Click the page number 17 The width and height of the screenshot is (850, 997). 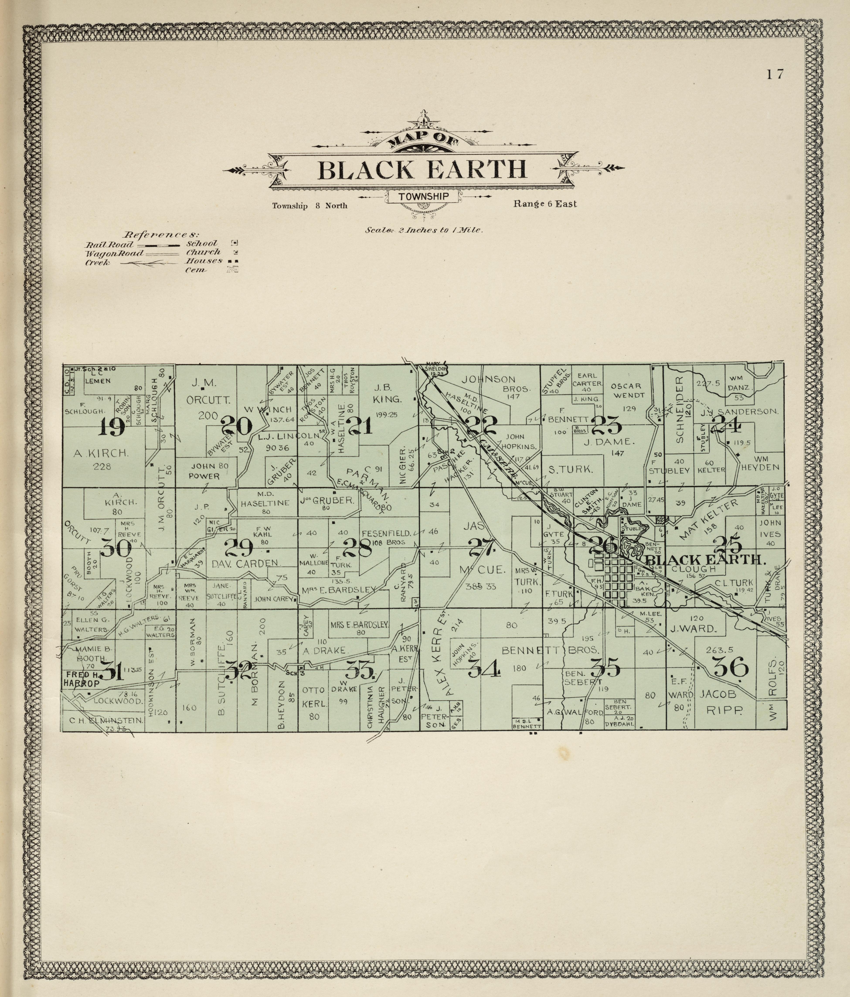point(775,74)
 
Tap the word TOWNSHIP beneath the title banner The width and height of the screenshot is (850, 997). point(423,196)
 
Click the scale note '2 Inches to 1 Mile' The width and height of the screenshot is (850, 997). point(423,230)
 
